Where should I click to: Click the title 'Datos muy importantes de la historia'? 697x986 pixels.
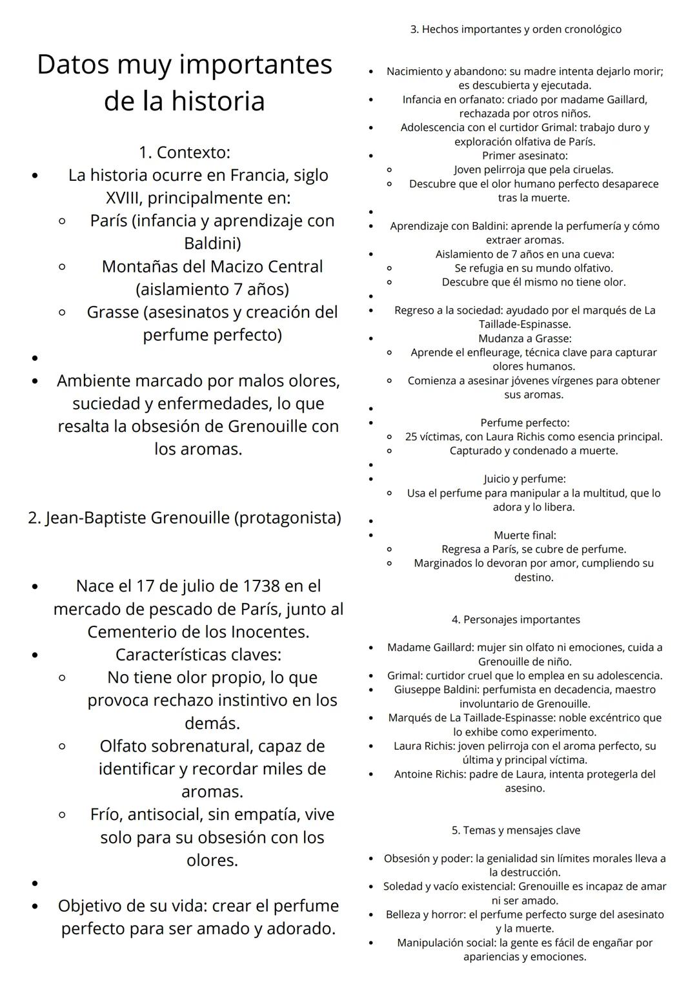click(x=185, y=83)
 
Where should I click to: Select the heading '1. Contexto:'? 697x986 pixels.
click(x=185, y=152)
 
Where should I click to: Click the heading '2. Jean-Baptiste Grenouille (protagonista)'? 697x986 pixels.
click(x=185, y=518)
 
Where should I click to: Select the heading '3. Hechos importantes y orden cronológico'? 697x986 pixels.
click(x=516, y=30)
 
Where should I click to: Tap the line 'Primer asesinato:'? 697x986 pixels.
click(x=525, y=156)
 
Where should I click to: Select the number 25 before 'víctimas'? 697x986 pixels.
click(x=412, y=437)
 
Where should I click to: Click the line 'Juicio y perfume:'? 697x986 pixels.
click(x=525, y=479)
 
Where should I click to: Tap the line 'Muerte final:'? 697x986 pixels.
click(x=525, y=535)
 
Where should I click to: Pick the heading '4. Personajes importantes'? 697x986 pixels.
click(x=516, y=620)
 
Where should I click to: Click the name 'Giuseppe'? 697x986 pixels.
click(x=417, y=690)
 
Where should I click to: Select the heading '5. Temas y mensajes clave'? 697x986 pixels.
click(x=516, y=830)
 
